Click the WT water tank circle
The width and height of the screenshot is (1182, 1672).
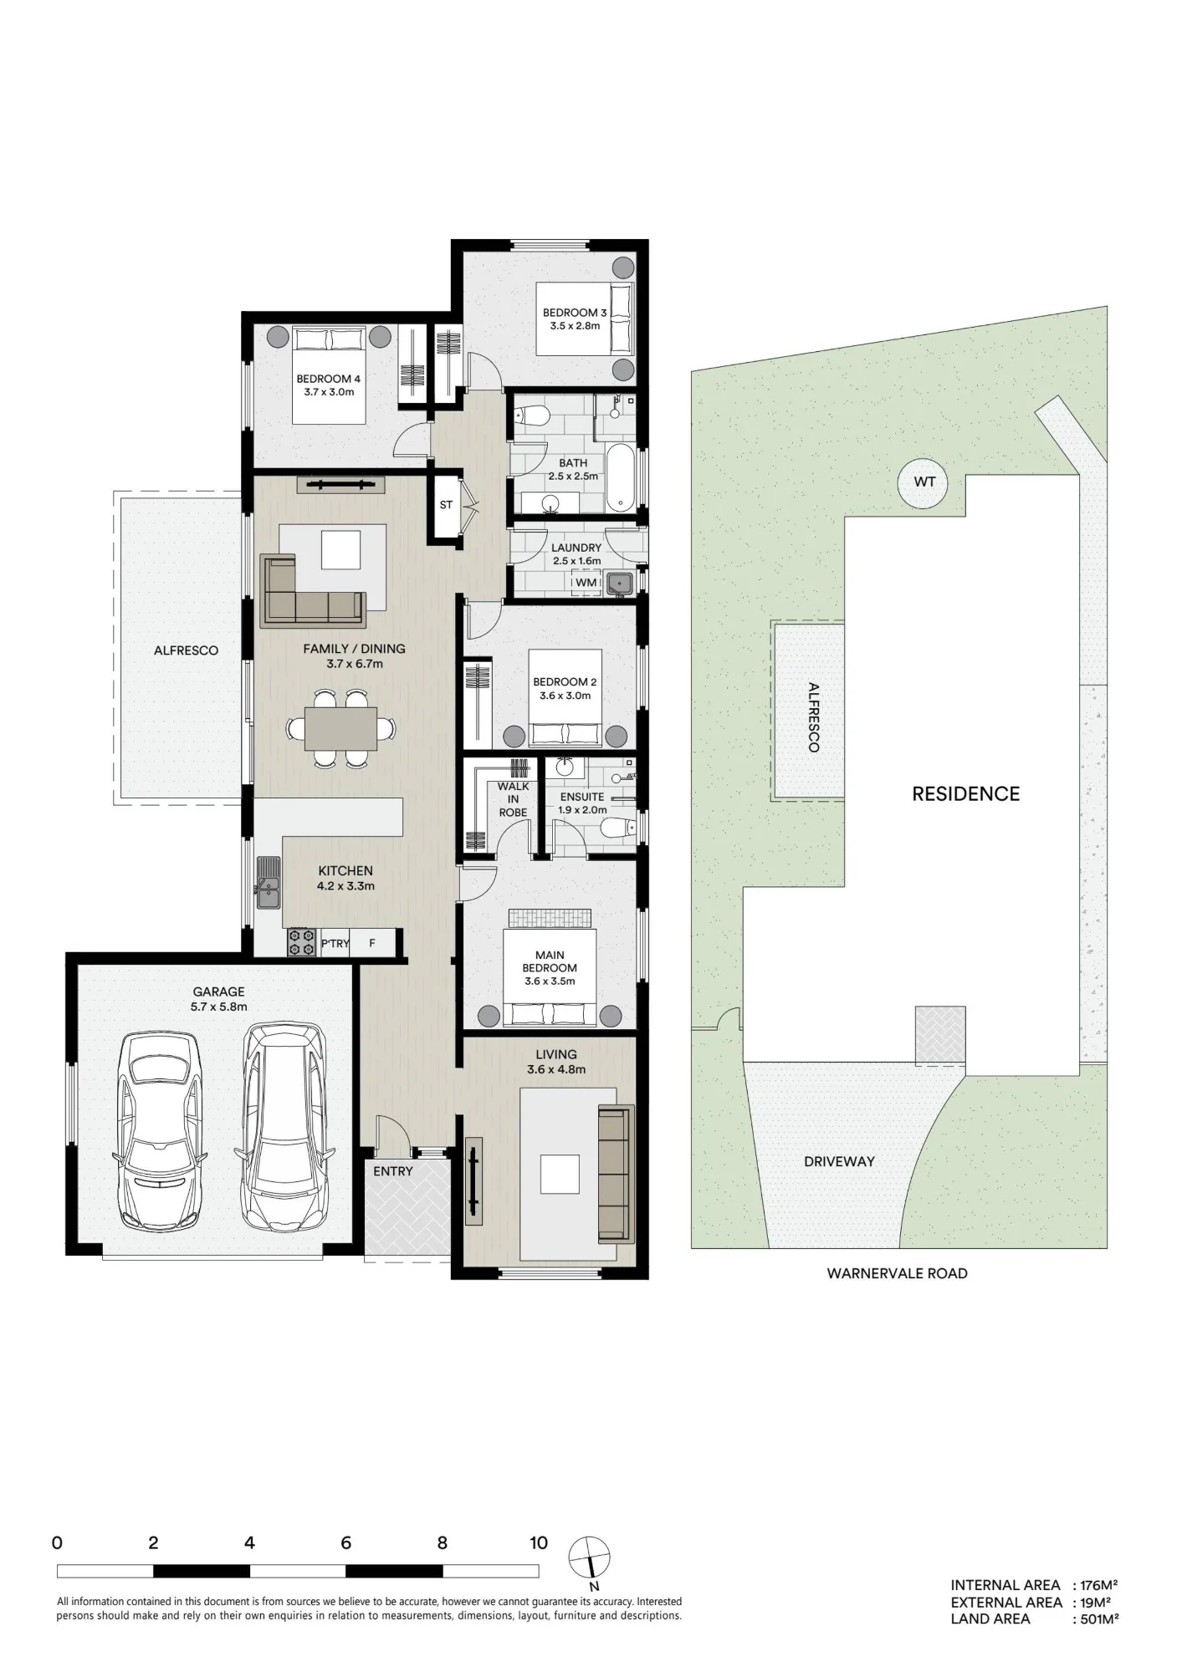[925, 482]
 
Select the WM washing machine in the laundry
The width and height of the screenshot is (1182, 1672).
[586, 582]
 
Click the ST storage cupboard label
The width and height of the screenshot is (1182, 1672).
[446, 505]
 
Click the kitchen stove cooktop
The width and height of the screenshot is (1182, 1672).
[301, 942]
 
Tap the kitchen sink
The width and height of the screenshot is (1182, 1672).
[269, 882]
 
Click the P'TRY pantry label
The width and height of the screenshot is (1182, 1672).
[335, 944]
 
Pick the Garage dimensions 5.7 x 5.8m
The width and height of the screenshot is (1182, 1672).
[219, 1007]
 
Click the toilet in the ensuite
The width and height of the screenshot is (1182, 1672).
[617, 828]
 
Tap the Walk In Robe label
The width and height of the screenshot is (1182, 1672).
[513, 799]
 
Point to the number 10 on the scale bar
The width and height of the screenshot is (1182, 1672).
[539, 1543]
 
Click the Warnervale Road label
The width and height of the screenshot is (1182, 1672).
[897, 1273]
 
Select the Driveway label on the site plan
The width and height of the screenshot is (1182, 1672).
[839, 1161]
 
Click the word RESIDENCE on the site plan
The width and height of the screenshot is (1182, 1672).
[966, 793]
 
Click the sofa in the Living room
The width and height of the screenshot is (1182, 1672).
[616, 1173]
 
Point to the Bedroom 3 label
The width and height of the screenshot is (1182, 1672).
[575, 313]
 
